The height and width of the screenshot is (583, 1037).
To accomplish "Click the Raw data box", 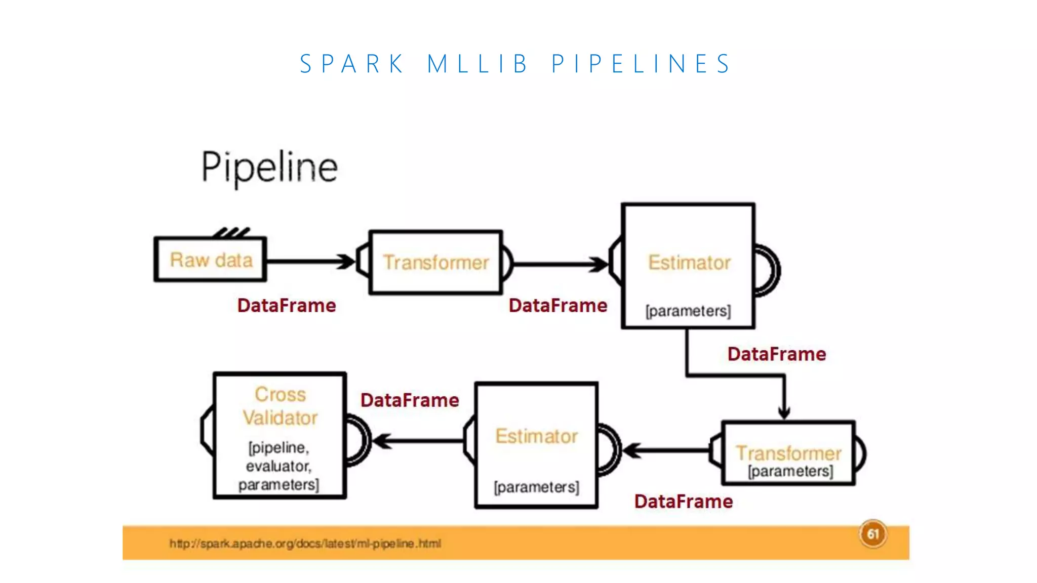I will pyautogui.click(x=210, y=260).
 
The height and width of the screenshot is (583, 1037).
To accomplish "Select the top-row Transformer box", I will pyautogui.click(x=435, y=262).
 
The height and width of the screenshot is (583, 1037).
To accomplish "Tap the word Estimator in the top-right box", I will pyautogui.click(x=689, y=262).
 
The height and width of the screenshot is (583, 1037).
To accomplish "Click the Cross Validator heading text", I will pyautogui.click(x=280, y=406).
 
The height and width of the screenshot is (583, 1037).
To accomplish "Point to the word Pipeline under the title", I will pyautogui.click(x=269, y=167).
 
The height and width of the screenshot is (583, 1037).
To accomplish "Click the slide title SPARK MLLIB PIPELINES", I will pyautogui.click(x=515, y=64).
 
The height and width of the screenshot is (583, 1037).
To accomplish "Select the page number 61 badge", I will pyautogui.click(x=872, y=534).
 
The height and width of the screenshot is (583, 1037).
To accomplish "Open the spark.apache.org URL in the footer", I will pyautogui.click(x=305, y=544).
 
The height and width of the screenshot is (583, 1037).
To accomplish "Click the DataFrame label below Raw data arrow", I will pyautogui.click(x=287, y=306).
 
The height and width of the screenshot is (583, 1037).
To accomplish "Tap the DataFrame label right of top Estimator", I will pyautogui.click(x=776, y=354).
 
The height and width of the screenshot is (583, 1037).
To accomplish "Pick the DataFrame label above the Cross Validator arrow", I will pyautogui.click(x=410, y=400).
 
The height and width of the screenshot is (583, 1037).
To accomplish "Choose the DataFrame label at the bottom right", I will pyautogui.click(x=683, y=502).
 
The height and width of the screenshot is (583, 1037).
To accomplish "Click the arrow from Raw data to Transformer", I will pyautogui.click(x=310, y=262).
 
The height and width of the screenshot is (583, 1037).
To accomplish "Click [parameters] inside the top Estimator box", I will pyautogui.click(x=688, y=311).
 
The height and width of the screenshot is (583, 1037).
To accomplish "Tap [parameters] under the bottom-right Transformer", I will pyautogui.click(x=790, y=472).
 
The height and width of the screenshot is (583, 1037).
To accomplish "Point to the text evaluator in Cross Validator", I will pyautogui.click(x=278, y=466).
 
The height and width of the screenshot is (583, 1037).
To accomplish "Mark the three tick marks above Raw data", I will pyautogui.click(x=231, y=233).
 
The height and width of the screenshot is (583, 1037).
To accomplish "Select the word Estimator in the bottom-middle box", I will pyautogui.click(x=536, y=436).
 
